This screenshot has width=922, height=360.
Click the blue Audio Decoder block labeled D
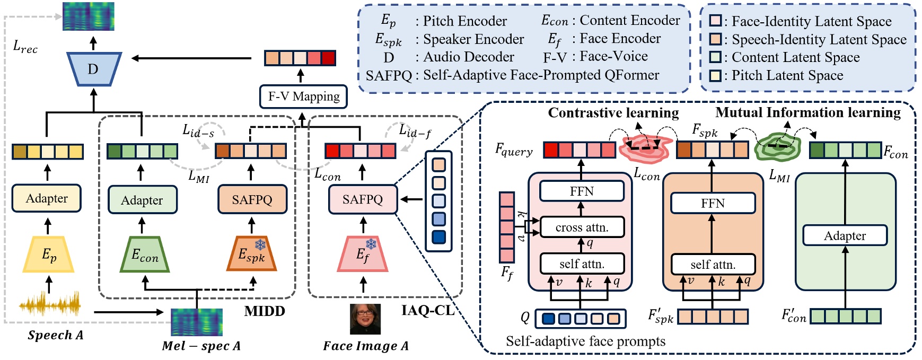point(94,69)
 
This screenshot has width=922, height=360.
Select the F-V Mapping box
point(304,96)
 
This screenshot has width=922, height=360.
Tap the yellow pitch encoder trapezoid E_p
point(48,254)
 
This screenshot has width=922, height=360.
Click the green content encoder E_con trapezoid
point(144,254)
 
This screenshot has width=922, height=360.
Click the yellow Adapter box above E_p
point(47,198)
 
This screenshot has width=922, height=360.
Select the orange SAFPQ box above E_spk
point(252,199)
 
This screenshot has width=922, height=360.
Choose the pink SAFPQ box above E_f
point(363,199)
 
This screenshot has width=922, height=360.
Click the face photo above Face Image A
point(365,319)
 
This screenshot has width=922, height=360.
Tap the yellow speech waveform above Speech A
point(50,305)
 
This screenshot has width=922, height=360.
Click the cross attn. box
point(582,227)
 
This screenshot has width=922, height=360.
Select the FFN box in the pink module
point(582,191)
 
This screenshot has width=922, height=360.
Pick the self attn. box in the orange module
point(713,264)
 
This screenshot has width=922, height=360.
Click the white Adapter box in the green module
point(845,235)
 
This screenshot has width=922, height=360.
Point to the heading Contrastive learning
point(613,112)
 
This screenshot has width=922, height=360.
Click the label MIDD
point(264,311)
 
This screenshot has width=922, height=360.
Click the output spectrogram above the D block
point(89,16)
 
